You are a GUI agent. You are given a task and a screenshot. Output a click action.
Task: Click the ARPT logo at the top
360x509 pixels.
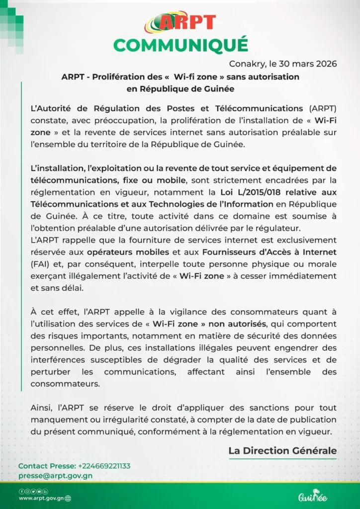[x=180, y=22]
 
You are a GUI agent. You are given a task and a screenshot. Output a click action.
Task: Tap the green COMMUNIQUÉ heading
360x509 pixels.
[x=180, y=45]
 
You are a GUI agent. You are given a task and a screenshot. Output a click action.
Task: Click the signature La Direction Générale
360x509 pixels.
[x=282, y=451]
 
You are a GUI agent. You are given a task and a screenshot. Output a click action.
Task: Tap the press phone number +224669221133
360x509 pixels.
[x=104, y=466]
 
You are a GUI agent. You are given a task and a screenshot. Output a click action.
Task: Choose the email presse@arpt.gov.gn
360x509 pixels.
[x=55, y=475]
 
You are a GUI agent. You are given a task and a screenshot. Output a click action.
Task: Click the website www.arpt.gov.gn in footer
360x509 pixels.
[x=41, y=498]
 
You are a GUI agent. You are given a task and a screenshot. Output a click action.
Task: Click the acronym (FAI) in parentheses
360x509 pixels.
[x=41, y=263]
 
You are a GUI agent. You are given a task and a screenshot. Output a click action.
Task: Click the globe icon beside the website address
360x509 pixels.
[x=68, y=498]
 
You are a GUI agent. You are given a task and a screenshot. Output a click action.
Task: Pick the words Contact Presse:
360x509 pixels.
[x=47, y=466]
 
